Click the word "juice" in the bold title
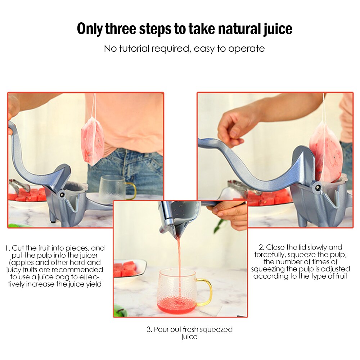click(x=277, y=29)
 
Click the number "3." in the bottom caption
click(x=149, y=329)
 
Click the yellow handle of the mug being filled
click(x=206, y=292)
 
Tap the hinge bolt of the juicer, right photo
click(x=316, y=188)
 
